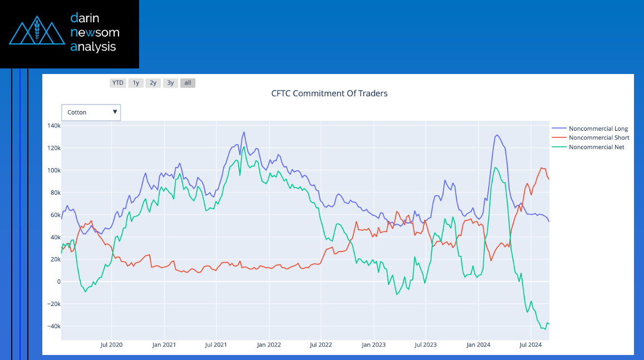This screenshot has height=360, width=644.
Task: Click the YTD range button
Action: pyautogui.click(x=117, y=83)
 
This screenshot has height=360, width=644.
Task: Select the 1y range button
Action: pyautogui.click(x=135, y=83)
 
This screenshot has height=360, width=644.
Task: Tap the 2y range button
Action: pyautogui.click(x=153, y=83)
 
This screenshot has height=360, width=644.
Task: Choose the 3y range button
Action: pyautogui.click(x=170, y=83)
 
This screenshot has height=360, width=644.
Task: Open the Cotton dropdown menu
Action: pyautogui.click(x=91, y=112)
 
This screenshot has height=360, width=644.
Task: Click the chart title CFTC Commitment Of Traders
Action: pyautogui.click(x=329, y=93)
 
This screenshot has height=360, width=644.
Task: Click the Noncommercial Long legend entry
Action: pyautogui.click(x=598, y=129)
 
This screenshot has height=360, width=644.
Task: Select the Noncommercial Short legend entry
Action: pyautogui.click(x=598, y=138)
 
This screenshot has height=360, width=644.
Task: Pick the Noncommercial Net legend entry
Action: pyautogui.click(x=596, y=147)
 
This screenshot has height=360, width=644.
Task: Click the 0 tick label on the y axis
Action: pyautogui.click(x=57, y=282)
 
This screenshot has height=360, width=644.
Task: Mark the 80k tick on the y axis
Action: pyautogui.click(x=53, y=193)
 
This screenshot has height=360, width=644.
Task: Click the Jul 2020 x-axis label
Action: pyautogui.click(x=111, y=345)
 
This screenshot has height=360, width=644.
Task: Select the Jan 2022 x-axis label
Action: pyautogui.click(x=268, y=345)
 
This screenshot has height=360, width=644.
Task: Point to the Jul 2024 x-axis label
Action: pyautogui.click(x=530, y=345)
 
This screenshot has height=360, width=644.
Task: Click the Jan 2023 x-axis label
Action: pyautogui.click(x=373, y=345)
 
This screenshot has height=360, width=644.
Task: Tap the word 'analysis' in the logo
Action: pyautogui.click(x=93, y=47)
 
